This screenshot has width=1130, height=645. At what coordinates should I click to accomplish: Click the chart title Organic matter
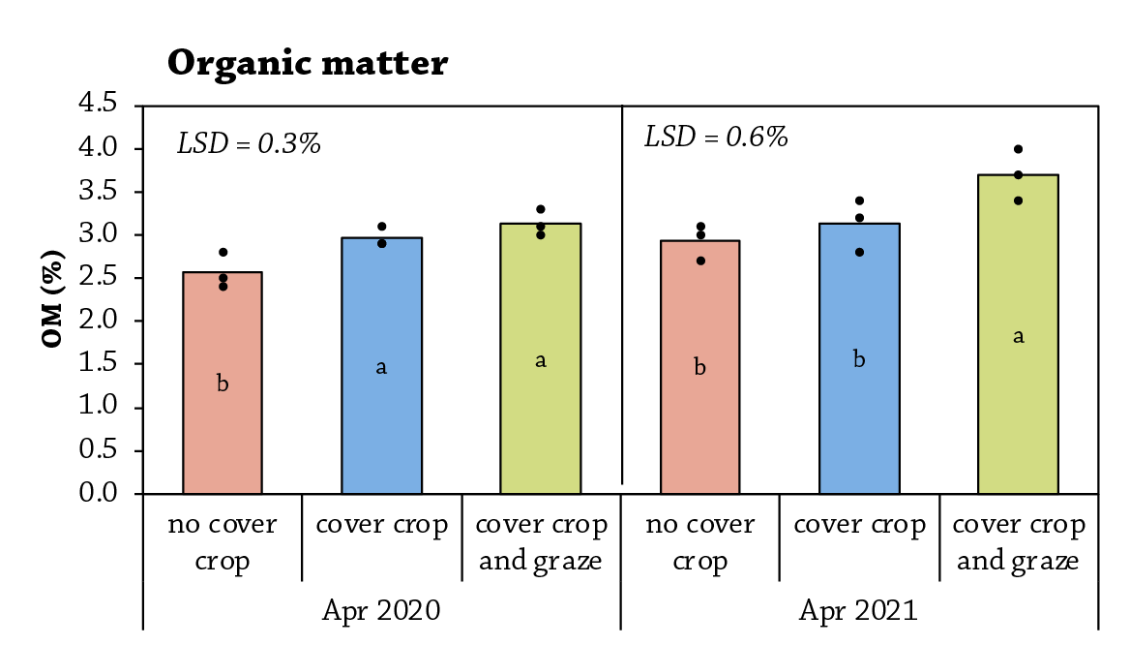(308, 64)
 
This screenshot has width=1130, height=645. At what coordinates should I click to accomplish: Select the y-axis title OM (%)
(52, 298)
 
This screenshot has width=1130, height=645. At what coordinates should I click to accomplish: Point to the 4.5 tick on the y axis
(98, 104)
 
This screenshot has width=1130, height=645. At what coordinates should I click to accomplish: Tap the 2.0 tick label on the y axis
(98, 321)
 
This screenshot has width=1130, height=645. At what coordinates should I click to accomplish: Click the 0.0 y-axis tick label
(98, 493)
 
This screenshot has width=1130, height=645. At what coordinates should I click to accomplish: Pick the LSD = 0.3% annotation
(250, 144)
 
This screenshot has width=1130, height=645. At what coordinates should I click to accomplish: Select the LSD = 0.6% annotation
(716, 138)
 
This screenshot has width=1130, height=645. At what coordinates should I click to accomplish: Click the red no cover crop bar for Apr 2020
(223, 384)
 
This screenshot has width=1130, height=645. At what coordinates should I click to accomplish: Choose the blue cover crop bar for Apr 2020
(382, 366)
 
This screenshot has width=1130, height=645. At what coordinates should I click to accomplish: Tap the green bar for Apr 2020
(541, 358)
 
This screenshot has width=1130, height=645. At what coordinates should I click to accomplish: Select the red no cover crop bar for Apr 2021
(700, 367)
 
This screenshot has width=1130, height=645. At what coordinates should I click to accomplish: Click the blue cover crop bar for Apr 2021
(860, 358)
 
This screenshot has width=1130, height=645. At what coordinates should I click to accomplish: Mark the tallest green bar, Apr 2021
(1019, 334)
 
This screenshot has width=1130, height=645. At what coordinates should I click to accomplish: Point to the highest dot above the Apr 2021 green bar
(1019, 149)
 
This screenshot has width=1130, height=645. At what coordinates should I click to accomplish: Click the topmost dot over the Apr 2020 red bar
(223, 253)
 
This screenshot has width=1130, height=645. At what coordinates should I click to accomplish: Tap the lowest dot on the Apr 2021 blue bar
(860, 253)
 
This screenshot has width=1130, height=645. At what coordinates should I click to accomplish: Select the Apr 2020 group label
(381, 611)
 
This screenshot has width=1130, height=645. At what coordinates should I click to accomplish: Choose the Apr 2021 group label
(858, 611)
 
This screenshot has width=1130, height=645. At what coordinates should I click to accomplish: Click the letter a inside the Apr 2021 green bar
(1019, 336)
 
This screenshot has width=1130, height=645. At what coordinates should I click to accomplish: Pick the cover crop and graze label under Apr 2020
(541, 542)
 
